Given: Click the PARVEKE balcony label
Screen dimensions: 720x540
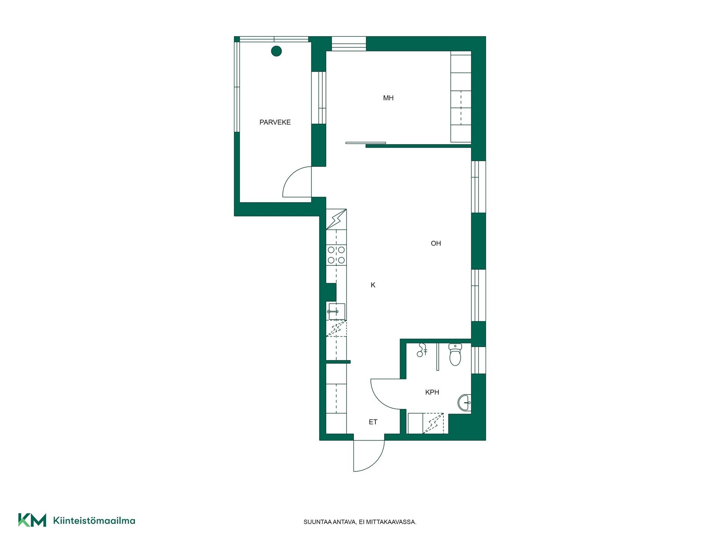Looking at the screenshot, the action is (x=275, y=122).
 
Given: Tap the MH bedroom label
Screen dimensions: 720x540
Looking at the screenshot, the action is (x=388, y=98).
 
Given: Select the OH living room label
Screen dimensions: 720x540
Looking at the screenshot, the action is (x=436, y=243).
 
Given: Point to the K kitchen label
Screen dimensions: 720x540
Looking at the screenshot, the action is (x=373, y=285).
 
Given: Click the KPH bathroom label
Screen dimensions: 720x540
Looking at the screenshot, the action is (x=432, y=392).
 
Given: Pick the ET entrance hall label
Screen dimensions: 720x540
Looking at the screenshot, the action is (x=373, y=422).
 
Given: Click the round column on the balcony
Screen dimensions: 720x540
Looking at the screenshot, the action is (x=276, y=51).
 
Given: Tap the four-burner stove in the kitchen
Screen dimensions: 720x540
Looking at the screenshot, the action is (x=336, y=255).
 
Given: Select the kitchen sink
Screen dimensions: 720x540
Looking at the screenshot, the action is (x=336, y=312).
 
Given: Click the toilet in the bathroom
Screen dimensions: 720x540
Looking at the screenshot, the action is (x=455, y=354).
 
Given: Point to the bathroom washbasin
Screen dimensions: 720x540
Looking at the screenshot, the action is (x=465, y=403).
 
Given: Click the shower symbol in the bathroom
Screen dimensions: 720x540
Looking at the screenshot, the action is (x=422, y=350).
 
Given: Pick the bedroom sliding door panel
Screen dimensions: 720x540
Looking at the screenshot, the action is (x=366, y=142).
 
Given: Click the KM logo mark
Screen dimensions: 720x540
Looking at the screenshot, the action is (x=32, y=520).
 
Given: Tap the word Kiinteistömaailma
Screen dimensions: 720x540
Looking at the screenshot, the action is (x=94, y=520).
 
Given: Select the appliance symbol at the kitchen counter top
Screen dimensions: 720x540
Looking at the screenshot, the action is (x=336, y=219).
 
